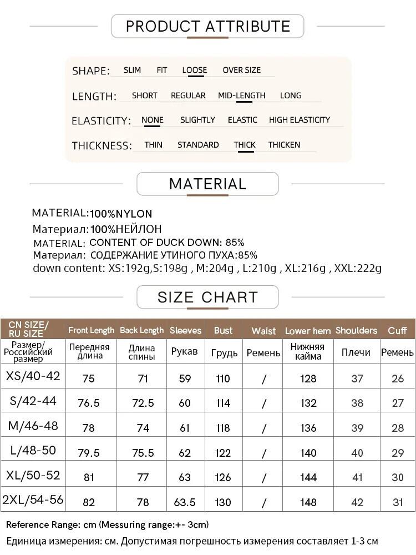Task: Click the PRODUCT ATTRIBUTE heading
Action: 207,26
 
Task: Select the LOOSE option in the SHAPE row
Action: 194,70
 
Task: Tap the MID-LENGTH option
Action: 241,95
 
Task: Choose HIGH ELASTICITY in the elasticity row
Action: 299,120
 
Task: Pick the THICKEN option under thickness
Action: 284,145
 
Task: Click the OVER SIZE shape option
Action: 241,70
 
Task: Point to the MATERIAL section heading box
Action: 207,184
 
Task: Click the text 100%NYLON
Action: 121,214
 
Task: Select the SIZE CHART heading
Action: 207,297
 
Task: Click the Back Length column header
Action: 141,330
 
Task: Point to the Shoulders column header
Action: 356,330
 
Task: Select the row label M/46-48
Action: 33,426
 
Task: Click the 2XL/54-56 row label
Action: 33,500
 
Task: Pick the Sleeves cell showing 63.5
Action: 185,502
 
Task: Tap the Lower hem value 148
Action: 308,502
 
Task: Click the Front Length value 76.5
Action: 89,403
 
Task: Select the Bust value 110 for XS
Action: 223,379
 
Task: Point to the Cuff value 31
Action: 398,502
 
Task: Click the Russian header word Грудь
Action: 224,353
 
